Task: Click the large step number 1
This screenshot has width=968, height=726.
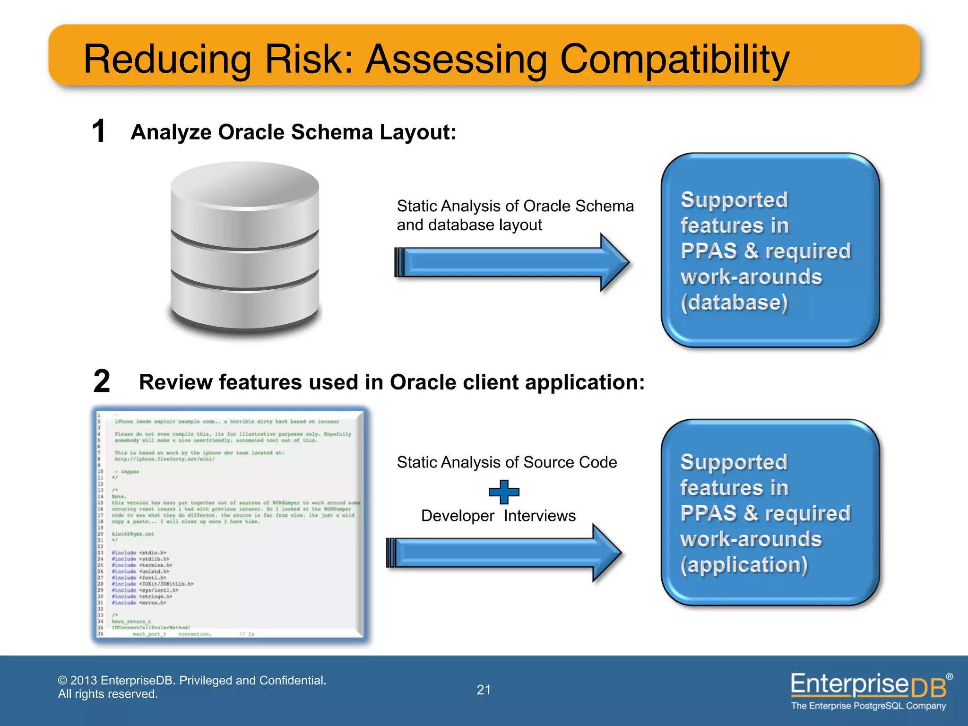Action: coord(98,131)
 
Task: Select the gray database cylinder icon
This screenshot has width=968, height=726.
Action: coord(245,246)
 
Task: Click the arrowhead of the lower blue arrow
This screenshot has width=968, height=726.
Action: coord(606,553)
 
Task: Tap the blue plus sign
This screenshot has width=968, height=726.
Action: coord(504,492)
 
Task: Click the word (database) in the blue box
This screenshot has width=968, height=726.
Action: coord(734,302)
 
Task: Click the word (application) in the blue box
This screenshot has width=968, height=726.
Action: coord(744,565)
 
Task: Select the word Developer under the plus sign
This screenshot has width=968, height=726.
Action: coord(458,516)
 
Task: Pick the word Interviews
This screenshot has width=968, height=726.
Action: coord(539,516)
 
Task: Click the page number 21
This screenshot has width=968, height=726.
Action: coord(484,690)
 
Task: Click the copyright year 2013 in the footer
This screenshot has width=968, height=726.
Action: coord(84,680)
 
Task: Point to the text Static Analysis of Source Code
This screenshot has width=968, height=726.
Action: coord(507,462)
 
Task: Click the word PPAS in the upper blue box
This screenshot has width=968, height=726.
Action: coord(709,251)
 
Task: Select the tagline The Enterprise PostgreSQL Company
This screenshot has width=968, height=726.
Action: coord(868,706)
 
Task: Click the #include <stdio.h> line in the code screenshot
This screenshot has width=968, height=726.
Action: coord(139,553)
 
